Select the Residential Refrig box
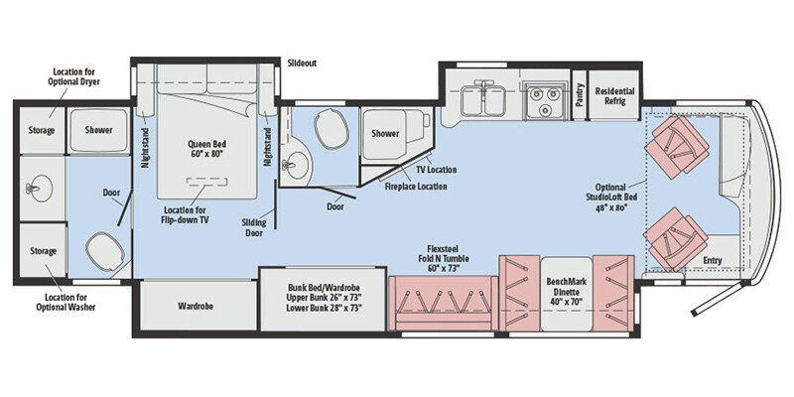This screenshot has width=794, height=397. (615, 95)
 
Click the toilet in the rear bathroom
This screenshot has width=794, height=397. (100, 249)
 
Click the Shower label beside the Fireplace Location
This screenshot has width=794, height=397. (385, 134)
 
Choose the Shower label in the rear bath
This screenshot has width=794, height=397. (98, 130)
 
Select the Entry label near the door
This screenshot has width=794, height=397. (712, 261)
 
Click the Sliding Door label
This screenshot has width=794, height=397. (254, 227)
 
